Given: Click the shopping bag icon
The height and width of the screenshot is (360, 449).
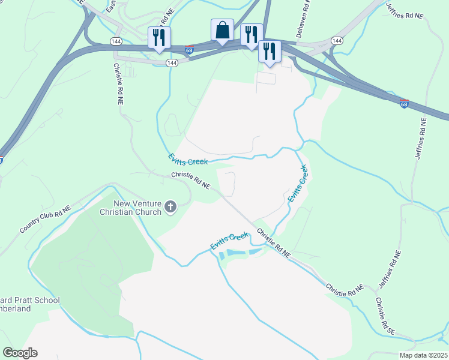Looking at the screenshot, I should pos(222,30).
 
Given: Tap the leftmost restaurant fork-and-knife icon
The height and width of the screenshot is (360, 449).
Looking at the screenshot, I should pos(159,37).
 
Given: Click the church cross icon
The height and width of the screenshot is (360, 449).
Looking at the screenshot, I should pos(170,208).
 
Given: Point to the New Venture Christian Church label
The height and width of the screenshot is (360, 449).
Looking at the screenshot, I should pos(130,208).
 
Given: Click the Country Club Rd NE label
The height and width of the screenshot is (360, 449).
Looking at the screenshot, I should pos(45,221).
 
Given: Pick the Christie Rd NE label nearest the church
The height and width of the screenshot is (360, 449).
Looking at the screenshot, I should pos(190,181).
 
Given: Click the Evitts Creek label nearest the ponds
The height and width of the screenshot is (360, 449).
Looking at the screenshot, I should pos(229,241).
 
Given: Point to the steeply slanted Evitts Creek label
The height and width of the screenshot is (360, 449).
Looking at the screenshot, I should pos(298,184).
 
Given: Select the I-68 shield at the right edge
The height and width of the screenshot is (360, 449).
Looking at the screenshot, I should pos(404,104).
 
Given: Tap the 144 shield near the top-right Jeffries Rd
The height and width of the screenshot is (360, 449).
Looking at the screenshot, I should pos(337,41).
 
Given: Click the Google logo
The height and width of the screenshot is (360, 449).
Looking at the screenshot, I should pos(20,353).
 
